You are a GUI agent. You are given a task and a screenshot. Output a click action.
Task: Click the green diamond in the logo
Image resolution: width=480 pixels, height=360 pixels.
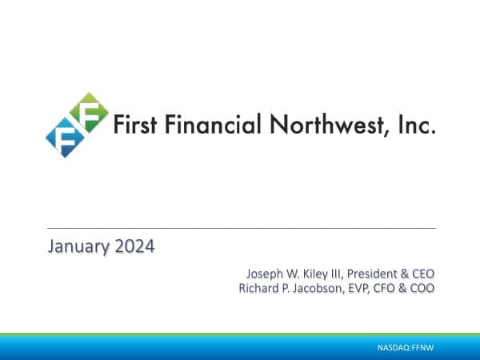(88, 113)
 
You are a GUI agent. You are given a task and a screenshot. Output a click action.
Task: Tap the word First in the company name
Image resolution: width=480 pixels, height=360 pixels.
(133, 126)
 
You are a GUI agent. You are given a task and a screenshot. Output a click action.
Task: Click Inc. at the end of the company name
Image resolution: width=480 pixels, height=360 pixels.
(417, 126)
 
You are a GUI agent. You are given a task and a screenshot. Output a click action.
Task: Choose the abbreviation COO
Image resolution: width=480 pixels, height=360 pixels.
(422, 288)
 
